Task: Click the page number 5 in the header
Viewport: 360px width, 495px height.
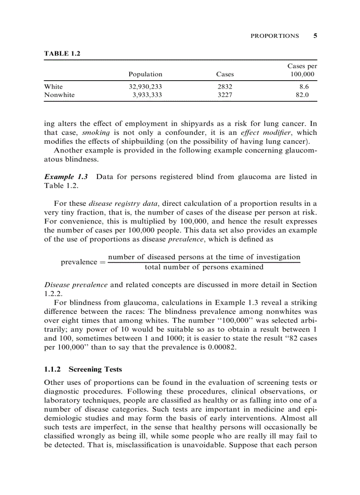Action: pyautogui.click(x=315, y=36)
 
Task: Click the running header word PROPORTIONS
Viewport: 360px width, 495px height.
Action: pyautogui.click(x=274, y=36)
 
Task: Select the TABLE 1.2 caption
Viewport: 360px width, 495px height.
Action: pyautogui.click(x=62, y=53)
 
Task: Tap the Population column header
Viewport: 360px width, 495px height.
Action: pyautogui.click(x=145, y=74)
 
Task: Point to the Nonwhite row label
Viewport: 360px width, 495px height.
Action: pyautogui.click(x=60, y=95)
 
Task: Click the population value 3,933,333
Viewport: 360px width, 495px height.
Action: pyautogui.click(x=147, y=95)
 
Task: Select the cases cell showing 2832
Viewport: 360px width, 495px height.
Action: pyautogui.click(x=225, y=87)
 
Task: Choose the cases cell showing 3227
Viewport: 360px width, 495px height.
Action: pyautogui.click(x=225, y=95)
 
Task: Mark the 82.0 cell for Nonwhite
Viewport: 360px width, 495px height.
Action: pyautogui.click(x=303, y=95)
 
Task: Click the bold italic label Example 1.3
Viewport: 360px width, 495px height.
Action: pyautogui.click(x=66, y=177)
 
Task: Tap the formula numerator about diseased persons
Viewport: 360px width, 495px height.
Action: pyautogui.click(x=204, y=257)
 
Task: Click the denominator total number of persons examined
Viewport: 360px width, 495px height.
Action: pyautogui.click(x=204, y=267)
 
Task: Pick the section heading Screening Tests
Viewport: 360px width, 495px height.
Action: pyautogui.click(x=95, y=369)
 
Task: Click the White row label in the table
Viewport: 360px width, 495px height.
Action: pyautogui.click(x=53, y=87)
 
